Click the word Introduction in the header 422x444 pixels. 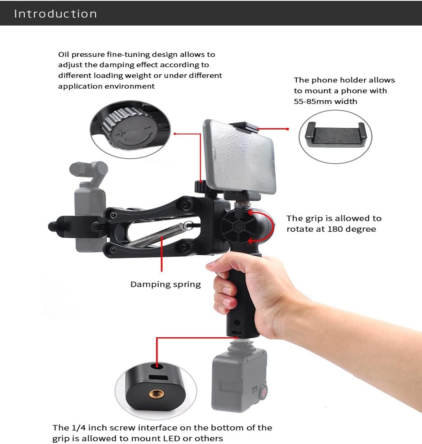click(x=56, y=14)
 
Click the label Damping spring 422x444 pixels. click(x=166, y=284)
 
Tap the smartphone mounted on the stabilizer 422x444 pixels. click(x=239, y=156)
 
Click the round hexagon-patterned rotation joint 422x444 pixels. click(x=239, y=226)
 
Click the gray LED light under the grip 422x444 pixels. click(x=239, y=379)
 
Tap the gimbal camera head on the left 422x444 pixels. click(x=89, y=170)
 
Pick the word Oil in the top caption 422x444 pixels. click(x=63, y=54)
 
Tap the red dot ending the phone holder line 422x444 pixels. click(x=288, y=129)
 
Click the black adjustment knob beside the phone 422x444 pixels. click(x=201, y=187)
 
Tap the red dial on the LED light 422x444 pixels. click(x=264, y=392)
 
